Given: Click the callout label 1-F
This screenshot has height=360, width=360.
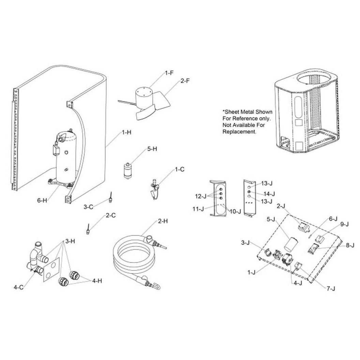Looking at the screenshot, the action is coord(169,73).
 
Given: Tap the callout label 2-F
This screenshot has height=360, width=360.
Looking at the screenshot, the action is coord(185,81).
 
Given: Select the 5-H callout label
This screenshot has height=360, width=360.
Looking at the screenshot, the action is coord(152,149).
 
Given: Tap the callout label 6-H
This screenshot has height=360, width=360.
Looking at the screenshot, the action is coord(42,200).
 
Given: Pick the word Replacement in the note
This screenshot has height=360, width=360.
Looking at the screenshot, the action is coord(239,132).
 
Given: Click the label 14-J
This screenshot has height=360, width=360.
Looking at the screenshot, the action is coord(269,194).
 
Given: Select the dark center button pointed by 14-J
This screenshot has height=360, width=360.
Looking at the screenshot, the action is coord(249,192).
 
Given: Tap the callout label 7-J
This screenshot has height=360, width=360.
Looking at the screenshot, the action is coord(331,288).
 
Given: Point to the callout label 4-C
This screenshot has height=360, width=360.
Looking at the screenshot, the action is coord(19,287).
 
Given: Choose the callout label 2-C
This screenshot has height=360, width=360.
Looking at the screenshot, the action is coord(111,215).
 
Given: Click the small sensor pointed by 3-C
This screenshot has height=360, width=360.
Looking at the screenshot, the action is coord(111,198).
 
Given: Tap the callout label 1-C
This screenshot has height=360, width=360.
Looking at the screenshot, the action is coord(180,169).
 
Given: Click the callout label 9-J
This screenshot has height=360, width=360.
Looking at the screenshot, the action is coord(344,224).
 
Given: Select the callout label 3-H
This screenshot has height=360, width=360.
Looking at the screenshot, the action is coord(70,241).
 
